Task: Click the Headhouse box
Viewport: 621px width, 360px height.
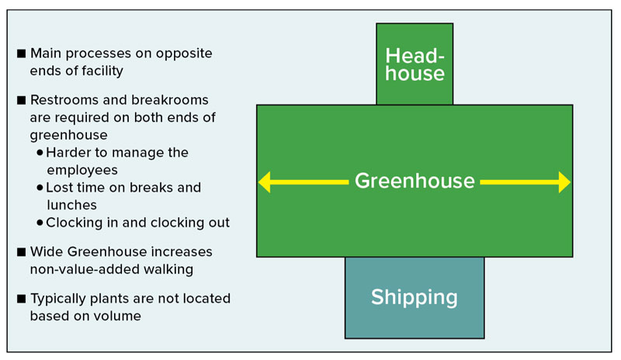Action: click(x=415, y=64)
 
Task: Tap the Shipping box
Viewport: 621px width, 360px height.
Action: click(x=415, y=298)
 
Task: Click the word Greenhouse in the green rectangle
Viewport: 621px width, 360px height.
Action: click(x=415, y=181)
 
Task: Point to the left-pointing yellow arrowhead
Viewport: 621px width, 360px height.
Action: click(x=265, y=182)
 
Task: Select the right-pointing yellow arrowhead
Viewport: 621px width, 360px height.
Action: click(x=564, y=182)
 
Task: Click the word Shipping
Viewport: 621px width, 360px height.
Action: click(x=415, y=298)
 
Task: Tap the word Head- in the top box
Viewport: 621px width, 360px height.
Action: click(x=415, y=56)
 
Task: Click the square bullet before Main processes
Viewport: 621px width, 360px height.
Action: click(x=22, y=53)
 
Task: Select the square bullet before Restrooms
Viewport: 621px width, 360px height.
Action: click(x=22, y=100)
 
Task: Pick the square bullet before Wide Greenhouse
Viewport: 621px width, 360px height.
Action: click(x=22, y=252)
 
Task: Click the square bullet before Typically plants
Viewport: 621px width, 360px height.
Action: click(x=22, y=299)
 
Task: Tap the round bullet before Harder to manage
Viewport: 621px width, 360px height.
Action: click(x=40, y=153)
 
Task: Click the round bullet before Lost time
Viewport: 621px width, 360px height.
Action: click(x=40, y=187)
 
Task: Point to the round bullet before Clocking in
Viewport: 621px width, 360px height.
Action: click(x=40, y=223)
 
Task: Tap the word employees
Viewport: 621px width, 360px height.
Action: click(x=82, y=170)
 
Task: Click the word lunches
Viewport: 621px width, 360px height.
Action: click(x=71, y=205)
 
